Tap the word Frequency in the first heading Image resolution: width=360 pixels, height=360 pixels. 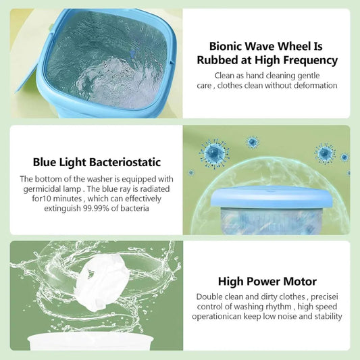pos(307,59)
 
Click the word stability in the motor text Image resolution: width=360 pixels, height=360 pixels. pos(326,316)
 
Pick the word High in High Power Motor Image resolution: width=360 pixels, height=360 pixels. pos(232,281)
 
